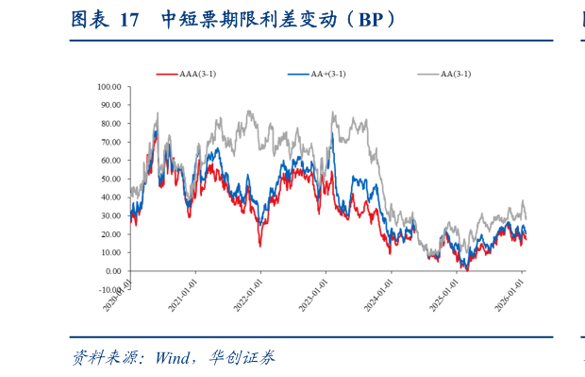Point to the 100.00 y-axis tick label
[x=109, y=86]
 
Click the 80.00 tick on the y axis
[x=111, y=123]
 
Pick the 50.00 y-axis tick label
[x=111, y=179]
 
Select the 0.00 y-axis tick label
[x=113, y=271]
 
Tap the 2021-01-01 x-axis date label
[x=183, y=293]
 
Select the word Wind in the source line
[x=175, y=358]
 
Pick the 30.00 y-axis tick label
[x=111, y=215]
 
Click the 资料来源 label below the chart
[x=106, y=358]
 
